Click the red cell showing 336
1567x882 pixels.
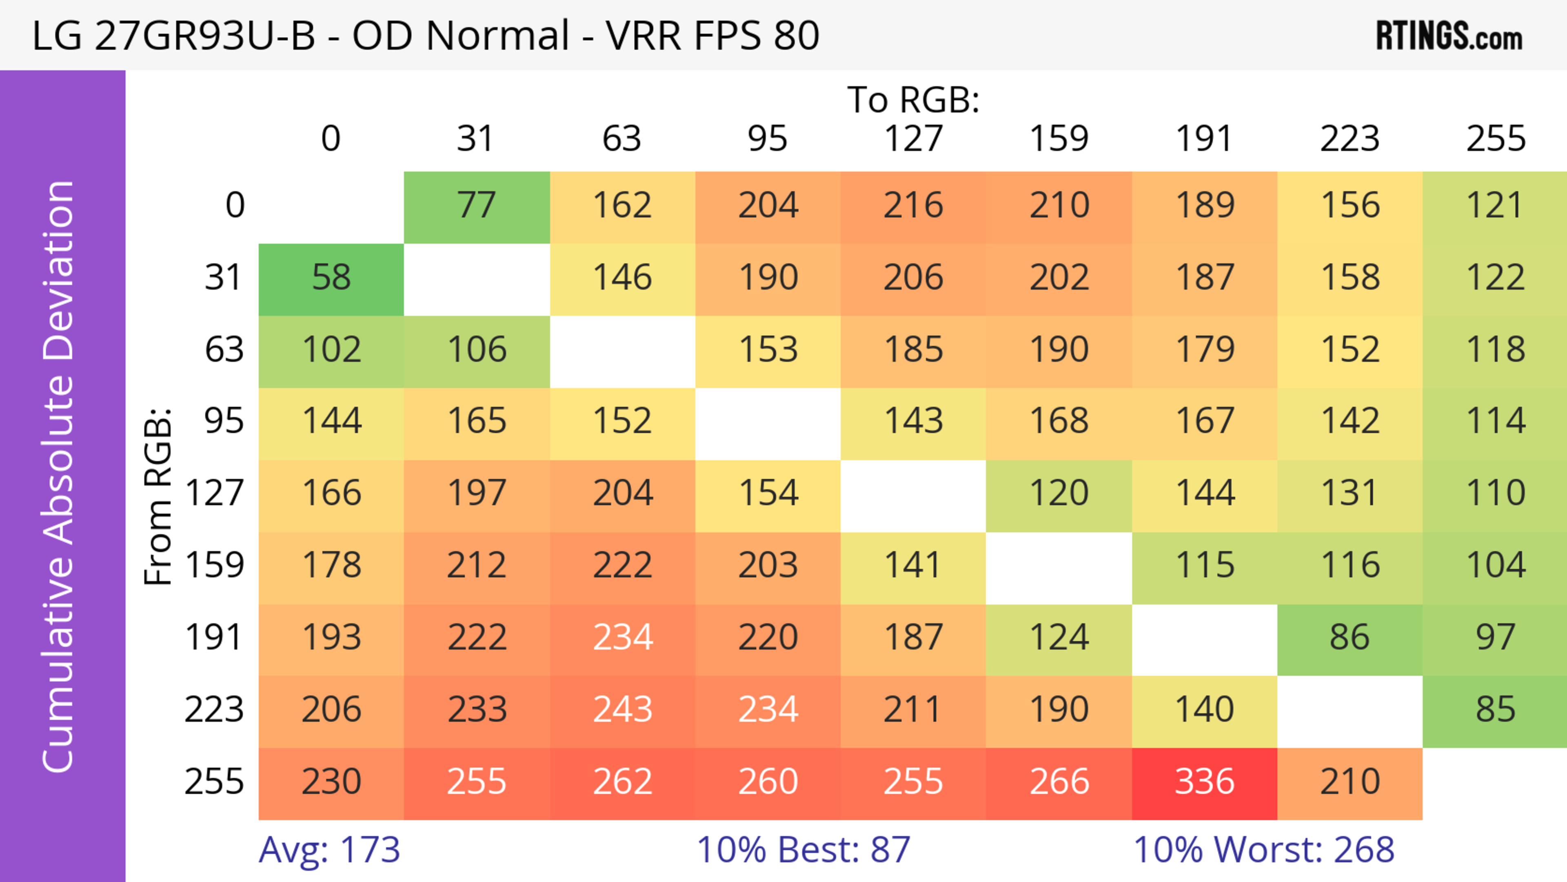(1205, 783)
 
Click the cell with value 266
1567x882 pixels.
(1059, 783)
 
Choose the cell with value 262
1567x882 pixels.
(622, 783)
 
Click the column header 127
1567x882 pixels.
(913, 139)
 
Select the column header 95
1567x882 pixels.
(767, 139)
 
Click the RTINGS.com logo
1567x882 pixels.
(1449, 36)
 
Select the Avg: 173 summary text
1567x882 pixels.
(329, 850)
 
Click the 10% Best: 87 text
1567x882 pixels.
(803, 850)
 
